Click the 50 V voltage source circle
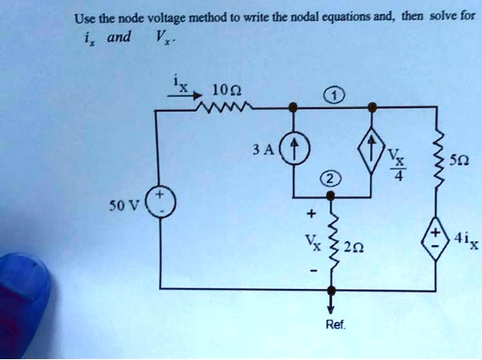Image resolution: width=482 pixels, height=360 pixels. (156, 200)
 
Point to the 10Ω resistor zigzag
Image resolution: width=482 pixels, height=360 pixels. (223, 106)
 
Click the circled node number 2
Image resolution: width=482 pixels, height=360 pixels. (330, 180)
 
